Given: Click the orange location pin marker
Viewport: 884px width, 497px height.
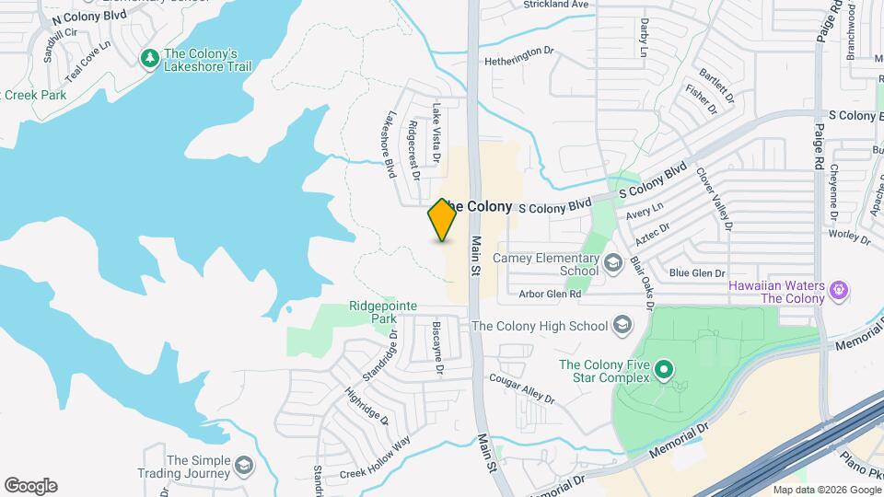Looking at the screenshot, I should click(x=443, y=220).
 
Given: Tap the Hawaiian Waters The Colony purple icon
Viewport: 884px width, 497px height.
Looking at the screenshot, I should click(x=838, y=292).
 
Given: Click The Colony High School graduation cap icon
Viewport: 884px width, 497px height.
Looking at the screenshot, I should click(x=622, y=326).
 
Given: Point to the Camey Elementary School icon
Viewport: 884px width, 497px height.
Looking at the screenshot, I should click(x=612, y=264).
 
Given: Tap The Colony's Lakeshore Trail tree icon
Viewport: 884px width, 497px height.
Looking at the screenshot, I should click(x=149, y=58).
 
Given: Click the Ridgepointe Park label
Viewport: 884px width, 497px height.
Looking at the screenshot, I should click(x=383, y=312).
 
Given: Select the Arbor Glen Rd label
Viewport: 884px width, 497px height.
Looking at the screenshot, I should click(x=550, y=295).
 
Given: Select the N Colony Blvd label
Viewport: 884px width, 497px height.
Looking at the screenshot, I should click(x=88, y=17).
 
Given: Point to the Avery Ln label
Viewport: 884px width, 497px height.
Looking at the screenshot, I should click(x=638, y=213).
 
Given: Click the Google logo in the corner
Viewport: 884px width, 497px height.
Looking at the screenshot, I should click(x=30, y=485).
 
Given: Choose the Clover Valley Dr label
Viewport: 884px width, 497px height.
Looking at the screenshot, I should click(x=714, y=198).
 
